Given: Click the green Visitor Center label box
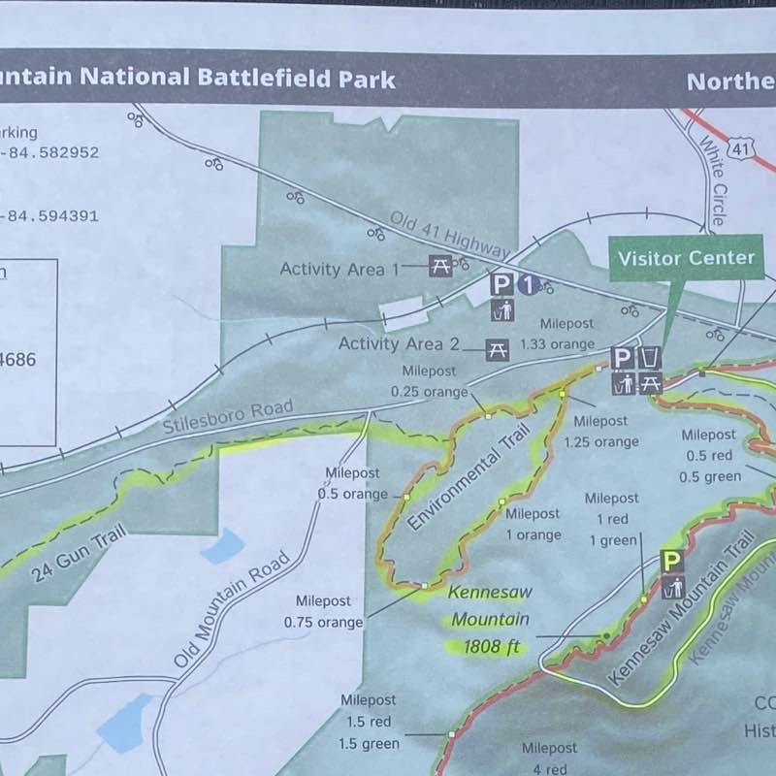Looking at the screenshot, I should pos(686,258).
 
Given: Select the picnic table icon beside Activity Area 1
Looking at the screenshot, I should pos(440,265).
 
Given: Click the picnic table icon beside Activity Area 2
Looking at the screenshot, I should pos(498,349).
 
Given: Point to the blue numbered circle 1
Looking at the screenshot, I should pos(527,284).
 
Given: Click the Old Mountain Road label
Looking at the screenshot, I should pos(234,609).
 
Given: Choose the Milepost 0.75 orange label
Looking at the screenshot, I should pos(324,611).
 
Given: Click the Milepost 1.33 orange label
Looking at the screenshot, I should pos(557,334).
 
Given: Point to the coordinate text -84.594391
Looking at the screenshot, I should pos(48,216).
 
